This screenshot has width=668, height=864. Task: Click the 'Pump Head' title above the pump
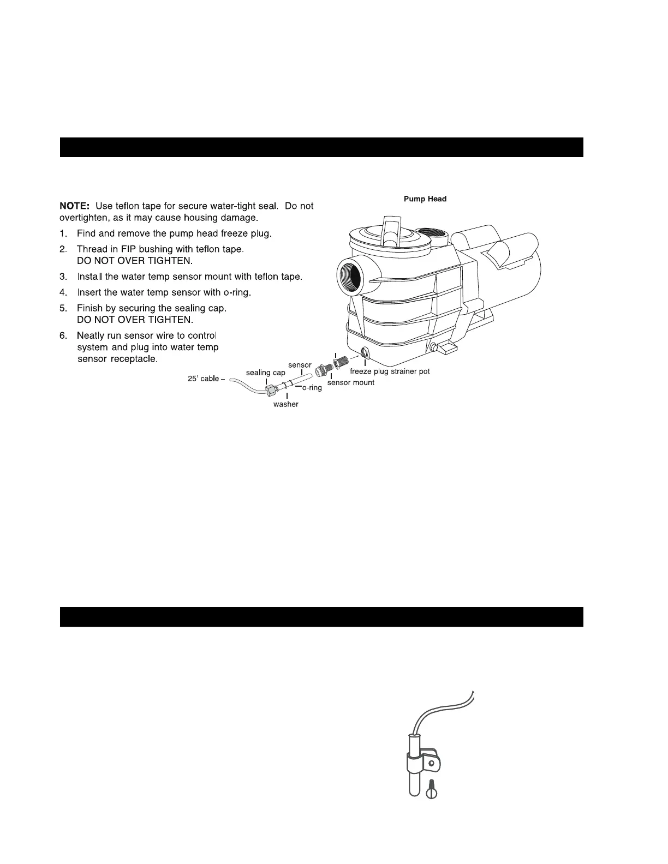pos(425,199)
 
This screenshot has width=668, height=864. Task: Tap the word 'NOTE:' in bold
pos(74,206)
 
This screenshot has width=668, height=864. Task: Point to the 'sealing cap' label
pos(265,373)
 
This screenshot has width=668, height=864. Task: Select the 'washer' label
pos(285,404)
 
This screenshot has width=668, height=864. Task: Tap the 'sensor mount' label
pos(350,382)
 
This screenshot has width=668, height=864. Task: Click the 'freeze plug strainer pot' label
pos(390,371)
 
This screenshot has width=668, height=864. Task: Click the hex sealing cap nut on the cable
pos(271,391)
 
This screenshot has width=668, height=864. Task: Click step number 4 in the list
pos(63,292)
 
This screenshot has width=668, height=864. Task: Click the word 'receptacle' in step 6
pos(134,359)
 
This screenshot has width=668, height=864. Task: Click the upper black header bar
pos(321,147)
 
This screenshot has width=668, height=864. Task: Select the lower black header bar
pos(321,617)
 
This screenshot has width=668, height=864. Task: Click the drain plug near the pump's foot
pos(434,347)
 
